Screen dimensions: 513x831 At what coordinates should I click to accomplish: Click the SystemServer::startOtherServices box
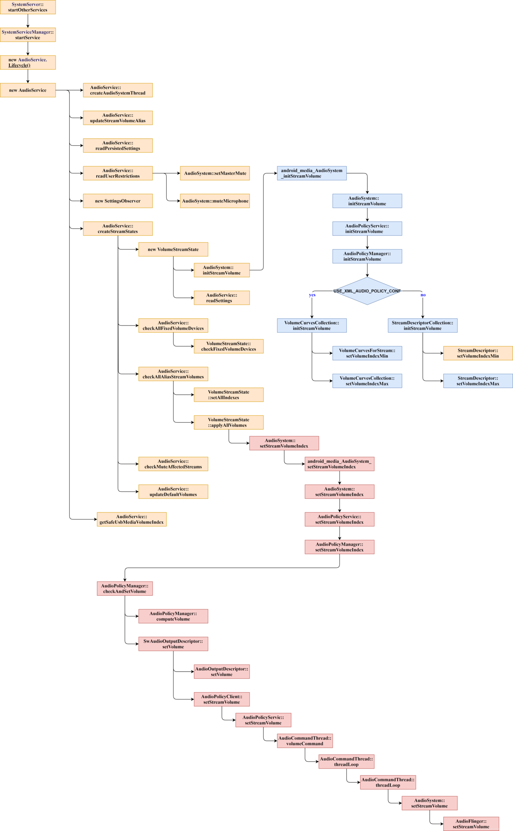tap(28, 7)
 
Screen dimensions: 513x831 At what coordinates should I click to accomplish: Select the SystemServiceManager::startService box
tap(28, 35)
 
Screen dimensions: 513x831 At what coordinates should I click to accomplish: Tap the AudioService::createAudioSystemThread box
tap(118, 90)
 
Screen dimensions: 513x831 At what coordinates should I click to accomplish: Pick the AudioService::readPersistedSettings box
tap(118, 146)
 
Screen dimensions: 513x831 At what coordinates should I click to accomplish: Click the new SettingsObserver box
tap(118, 201)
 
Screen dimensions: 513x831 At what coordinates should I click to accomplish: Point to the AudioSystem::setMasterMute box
tap(215, 173)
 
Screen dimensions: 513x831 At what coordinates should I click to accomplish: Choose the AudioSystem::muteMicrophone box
tap(215, 201)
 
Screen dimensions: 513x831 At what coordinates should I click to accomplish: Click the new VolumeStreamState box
tap(173, 250)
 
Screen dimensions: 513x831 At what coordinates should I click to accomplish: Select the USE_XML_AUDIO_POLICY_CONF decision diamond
tap(367, 291)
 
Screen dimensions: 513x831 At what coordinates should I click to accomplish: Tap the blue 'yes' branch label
tap(312, 295)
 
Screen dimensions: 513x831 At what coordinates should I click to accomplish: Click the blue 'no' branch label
tap(423, 295)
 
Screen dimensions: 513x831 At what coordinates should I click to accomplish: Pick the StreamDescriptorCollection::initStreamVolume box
tap(422, 326)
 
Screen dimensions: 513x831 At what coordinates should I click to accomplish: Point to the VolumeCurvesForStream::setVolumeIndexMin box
tap(367, 353)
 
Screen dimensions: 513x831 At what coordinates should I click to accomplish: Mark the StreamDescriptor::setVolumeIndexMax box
tap(478, 381)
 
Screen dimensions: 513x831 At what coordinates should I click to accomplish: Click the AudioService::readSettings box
tap(221, 298)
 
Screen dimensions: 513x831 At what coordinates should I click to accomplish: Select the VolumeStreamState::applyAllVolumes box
tap(228, 423)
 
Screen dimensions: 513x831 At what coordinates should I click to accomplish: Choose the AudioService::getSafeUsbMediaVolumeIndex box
tap(132, 520)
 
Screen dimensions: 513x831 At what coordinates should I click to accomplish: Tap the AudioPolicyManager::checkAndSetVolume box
tap(124, 589)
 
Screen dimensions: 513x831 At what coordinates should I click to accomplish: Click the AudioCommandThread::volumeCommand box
tap(304, 741)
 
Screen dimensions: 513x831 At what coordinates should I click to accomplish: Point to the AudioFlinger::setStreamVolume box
tap(471, 824)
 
